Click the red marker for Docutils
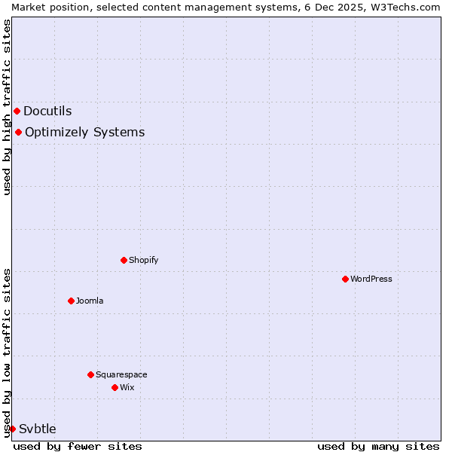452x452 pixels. click(17, 111)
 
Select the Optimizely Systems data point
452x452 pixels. click(18, 133)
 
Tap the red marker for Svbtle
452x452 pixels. click(12, 429)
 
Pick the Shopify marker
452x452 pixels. click(124, 260)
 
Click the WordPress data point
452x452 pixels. click(345, 279)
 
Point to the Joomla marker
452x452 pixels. click(71, 301)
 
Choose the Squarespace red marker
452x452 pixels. click(90, 374)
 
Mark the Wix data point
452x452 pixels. click(115, 387)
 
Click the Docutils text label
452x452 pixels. click(47, 111)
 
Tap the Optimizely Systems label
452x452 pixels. click(84, 133)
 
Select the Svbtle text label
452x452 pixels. click(38, 429)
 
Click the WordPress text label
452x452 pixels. click(371, 279)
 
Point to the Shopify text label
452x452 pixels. click(143, 260)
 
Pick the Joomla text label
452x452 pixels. click(90, 301)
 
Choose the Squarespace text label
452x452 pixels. click(121, 374)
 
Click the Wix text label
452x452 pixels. click(127, 387)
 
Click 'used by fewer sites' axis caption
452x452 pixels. click(78, 446)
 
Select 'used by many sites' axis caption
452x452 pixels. click(378, 446)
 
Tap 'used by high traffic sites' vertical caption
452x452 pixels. click(7, 107)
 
